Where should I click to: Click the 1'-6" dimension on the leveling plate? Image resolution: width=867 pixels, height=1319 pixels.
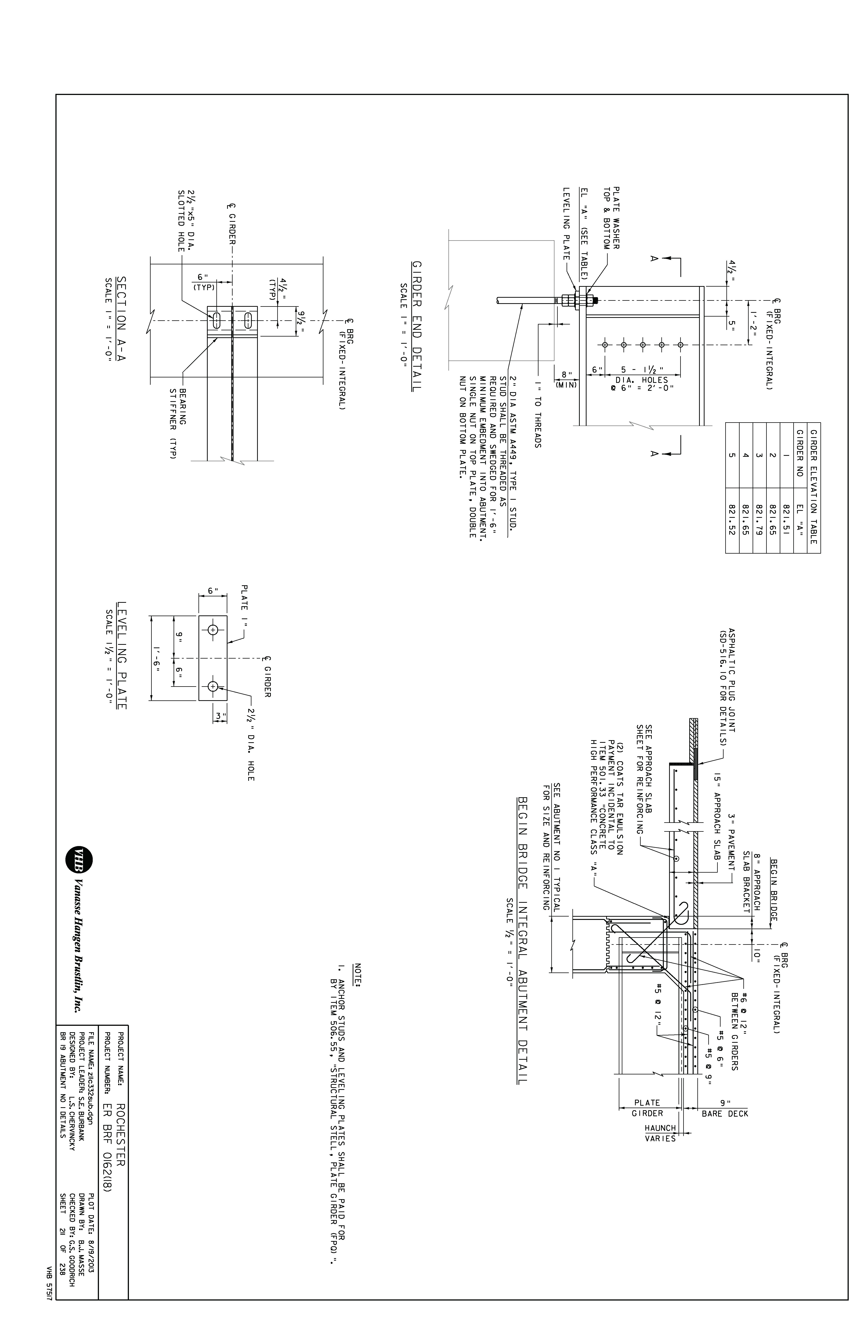pyautogui.click(x=158, y=658)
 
